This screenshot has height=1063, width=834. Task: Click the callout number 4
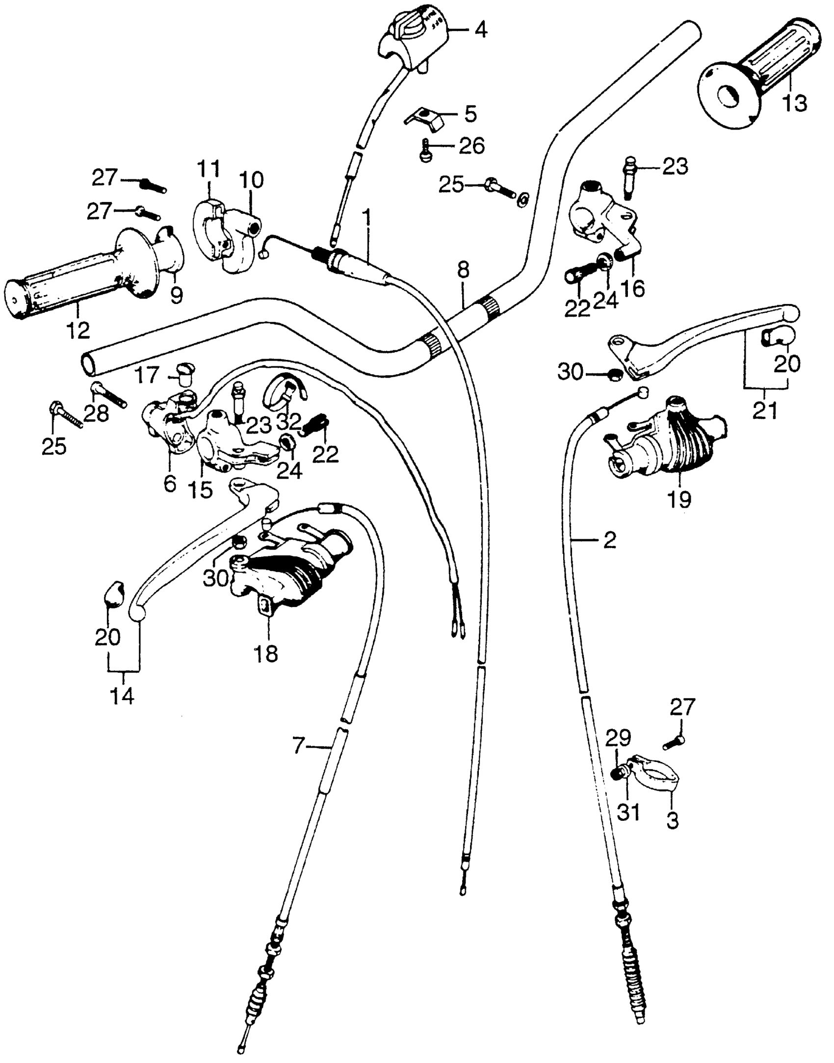point(481,30)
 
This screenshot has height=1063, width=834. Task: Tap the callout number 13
point(794,104)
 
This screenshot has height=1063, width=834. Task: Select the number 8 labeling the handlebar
point(463,270)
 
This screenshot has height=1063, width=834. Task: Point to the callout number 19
point(679,499)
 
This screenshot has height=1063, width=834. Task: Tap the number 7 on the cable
point(298,747)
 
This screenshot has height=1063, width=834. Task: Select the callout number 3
point(673,819)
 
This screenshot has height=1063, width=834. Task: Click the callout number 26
point(472,145)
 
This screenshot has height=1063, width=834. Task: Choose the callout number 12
point(78,330)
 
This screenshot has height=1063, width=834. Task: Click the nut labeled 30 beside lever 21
point(615,374)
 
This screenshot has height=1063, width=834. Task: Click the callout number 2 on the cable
point(609,541)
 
